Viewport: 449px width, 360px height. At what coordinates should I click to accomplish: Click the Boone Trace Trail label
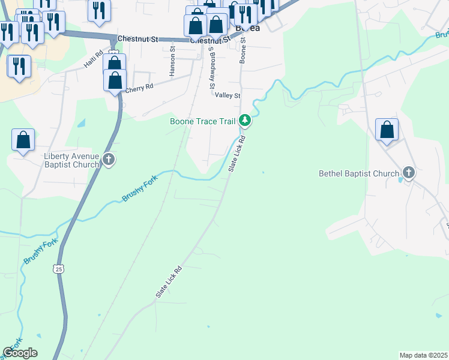(x=202, y=121)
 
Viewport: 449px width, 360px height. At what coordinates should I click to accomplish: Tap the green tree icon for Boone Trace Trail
(x=245, y=121)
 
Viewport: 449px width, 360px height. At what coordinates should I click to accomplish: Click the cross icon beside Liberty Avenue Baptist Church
(x=109, y=160)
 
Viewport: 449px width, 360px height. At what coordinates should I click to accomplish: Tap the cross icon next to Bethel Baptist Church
(x=409, y=173)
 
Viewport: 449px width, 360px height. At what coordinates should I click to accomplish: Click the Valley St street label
(x=228, y=95)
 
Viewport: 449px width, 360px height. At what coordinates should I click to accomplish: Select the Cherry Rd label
(x=139, y=88)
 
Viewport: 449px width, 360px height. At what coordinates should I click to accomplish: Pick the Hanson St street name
(x=172, y=62)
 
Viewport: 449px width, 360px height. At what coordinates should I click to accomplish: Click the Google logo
(x=20, y=353)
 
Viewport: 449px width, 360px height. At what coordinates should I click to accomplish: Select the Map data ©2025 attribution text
(x=423, y=355)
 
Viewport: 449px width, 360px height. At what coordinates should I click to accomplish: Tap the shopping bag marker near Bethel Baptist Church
(x=387, y=130)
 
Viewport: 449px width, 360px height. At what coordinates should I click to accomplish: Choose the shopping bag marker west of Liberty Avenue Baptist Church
(x=23, y=140)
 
